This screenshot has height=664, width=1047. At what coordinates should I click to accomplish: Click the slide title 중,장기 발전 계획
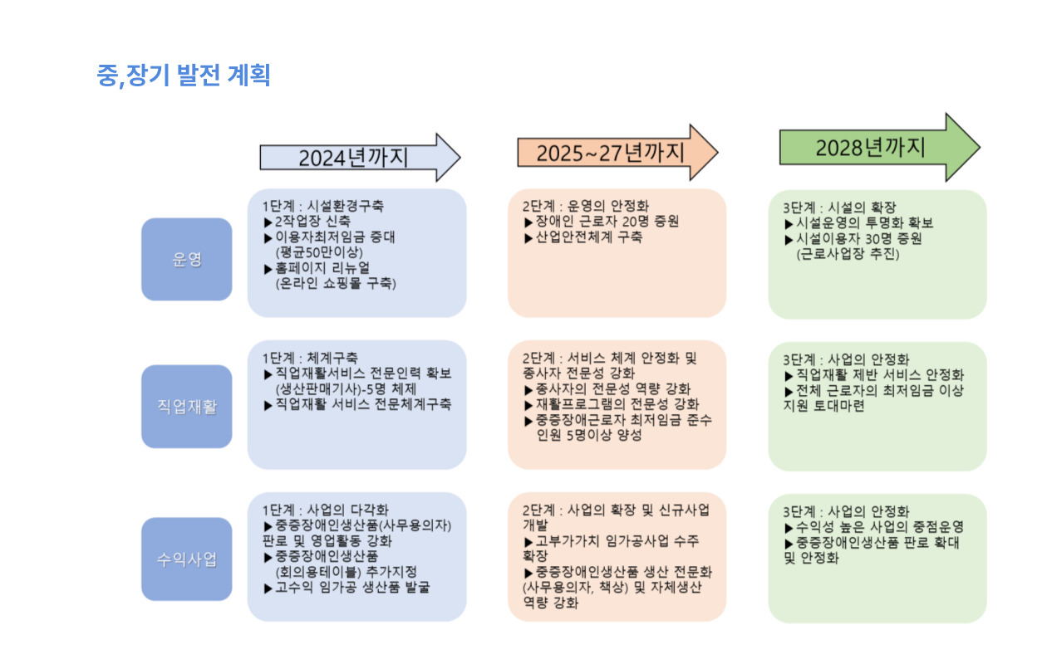coord(184,76)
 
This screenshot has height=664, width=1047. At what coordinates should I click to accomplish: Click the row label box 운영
coord(186,259)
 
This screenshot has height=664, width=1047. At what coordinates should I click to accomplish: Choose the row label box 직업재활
coord(186,406)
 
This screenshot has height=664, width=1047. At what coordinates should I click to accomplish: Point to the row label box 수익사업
coord(186,559)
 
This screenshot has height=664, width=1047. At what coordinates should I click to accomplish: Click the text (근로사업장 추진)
coord(848,254)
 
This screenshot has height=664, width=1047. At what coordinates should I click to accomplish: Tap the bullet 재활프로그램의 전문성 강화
coord(616,404)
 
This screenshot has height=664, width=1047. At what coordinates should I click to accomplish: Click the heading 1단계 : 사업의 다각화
coord(325,510)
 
